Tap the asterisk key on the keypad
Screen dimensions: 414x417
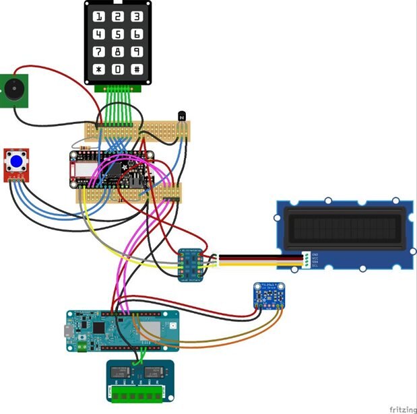point(99,69)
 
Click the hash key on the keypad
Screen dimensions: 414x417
point(137,69)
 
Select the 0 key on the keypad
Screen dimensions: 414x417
point(118,69)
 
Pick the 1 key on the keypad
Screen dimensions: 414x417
point(99,16)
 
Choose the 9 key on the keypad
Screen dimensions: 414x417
point(137,51)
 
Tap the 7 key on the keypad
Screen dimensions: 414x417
point(99,51)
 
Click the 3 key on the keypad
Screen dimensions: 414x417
point(137,16)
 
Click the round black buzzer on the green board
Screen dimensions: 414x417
point(13,90)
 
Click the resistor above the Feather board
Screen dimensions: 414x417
point(84,145)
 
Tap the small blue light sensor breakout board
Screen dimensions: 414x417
point(265,295)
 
